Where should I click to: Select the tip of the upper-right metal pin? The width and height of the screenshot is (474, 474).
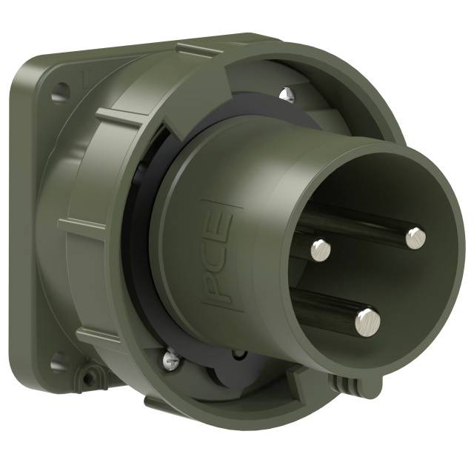click(415, 236)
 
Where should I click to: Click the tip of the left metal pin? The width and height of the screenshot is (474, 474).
click(319, 247)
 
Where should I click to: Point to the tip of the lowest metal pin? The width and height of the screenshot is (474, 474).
click(367, 320)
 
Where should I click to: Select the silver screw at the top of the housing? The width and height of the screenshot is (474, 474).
click(287, 94)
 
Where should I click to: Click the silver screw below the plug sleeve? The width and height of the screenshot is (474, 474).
click(169, 361)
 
